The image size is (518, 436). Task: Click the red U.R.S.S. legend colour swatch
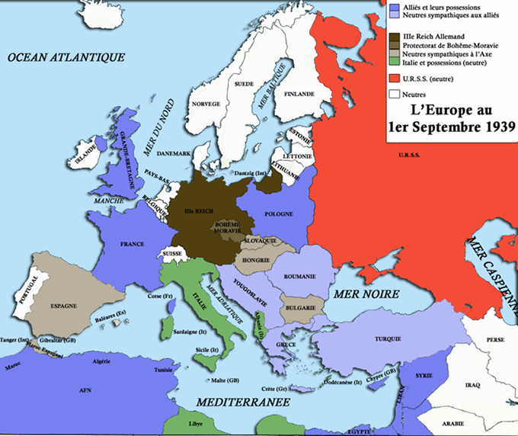point(394,79)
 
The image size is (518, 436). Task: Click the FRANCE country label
point(132,245)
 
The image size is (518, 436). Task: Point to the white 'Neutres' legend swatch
point(394,95)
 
